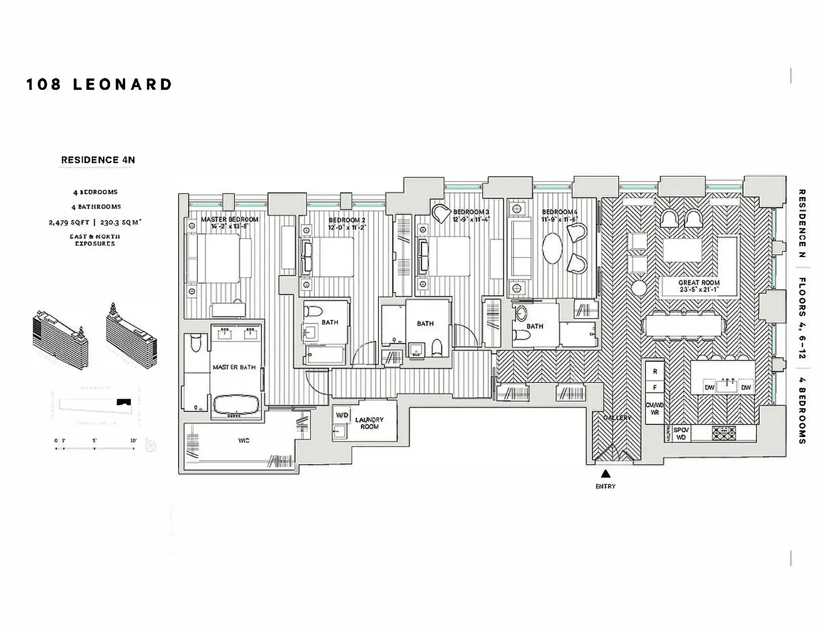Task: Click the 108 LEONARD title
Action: pos(99,85)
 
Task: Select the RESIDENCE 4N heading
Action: pos(98,160)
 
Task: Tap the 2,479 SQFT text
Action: pos(69,222)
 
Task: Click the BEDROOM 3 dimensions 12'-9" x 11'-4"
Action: pos(471,219)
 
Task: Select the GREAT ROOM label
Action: pos(699,282)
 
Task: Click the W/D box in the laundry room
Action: pos(342,415)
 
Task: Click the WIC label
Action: pos(244,440)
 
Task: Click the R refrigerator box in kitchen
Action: pos(655,371)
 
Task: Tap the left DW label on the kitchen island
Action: pos(709,387)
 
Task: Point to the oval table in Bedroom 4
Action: pos(552,249)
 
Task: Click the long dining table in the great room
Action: pos(683,326)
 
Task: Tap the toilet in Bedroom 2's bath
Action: pos(314,311)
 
